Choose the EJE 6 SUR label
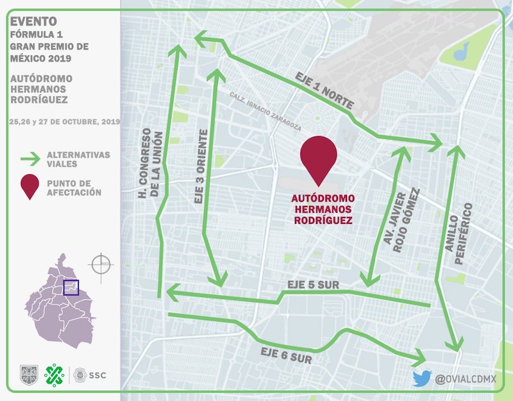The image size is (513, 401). pos(285,355)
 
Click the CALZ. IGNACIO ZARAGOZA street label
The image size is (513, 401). pos(265,111)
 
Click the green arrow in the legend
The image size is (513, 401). pos(29,158)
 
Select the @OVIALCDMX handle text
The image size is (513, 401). pos(466,379)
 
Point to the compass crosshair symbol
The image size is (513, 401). pos(101,264)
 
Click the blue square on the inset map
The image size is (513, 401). pos(71,287)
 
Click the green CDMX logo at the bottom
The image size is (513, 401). pos(54,374)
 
